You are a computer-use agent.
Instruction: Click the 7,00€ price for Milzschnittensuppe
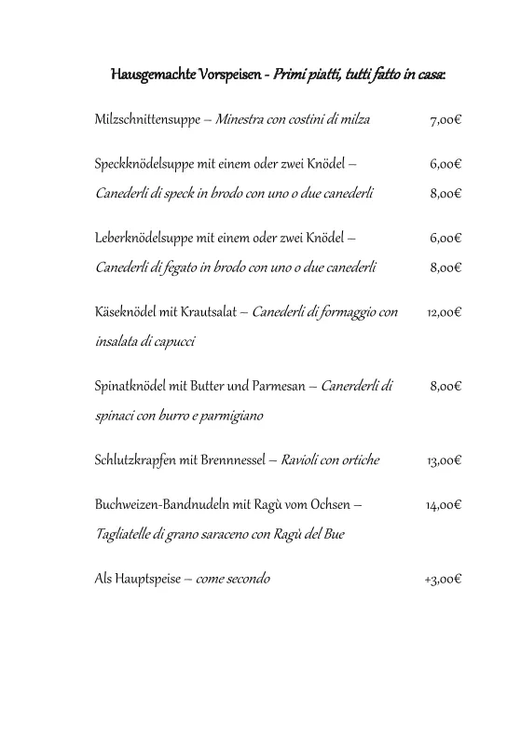click(x=446, y=120)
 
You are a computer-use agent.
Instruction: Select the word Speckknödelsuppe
click(x=144, y=164)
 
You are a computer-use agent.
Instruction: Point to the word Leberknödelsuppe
click(x=144, y=238)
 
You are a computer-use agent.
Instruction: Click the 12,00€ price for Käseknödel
click(x=444, y=312)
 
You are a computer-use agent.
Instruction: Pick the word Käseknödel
click(x=125, y=312)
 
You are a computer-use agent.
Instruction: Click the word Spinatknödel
click(x=129, y=386)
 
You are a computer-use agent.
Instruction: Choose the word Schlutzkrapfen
click(x=136, y=460)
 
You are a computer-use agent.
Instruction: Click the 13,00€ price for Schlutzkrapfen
click(x=444, y=460)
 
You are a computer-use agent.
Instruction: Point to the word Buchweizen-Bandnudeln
click(x=158, y=505)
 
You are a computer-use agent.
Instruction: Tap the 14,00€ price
click(x=444, y=505)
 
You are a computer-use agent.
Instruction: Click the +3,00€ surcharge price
click(x=443, y=579)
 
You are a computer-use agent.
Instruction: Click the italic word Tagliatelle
click(x=125, y=535)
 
